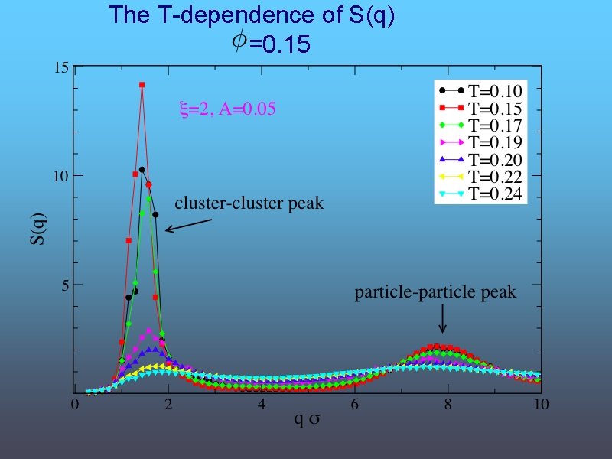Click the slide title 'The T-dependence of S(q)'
click(x=252, y=16)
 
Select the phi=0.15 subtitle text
click(x=272, y=44)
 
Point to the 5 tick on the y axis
click(x=64, y=285)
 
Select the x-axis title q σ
click(x=308, y=421)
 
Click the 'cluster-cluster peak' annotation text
click(x=249, y=203)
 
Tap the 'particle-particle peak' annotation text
click(x=435, y=292)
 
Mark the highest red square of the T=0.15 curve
click(x=142, y=85)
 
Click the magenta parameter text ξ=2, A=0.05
click(x=226, y=109)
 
